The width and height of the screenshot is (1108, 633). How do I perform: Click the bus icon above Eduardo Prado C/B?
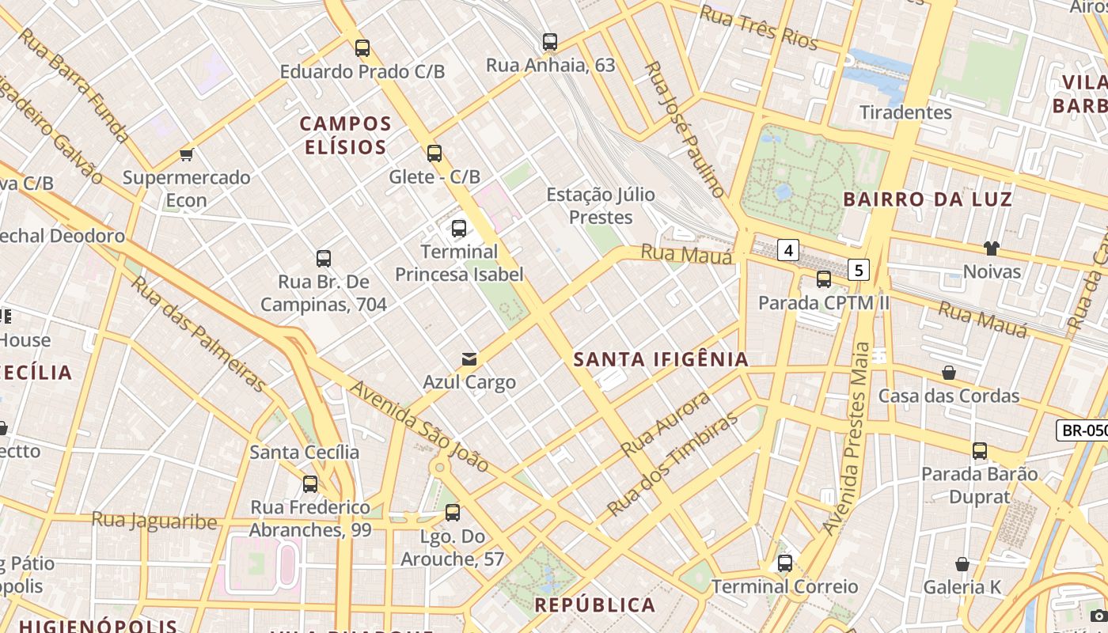point(362,47)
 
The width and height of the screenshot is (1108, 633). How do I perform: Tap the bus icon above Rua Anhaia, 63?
point(550,41)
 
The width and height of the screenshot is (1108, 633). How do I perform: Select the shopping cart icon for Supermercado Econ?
point(187,154)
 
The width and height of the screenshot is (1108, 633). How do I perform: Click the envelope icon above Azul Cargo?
point(469,359)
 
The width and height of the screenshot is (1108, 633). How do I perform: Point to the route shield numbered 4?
point(787,251)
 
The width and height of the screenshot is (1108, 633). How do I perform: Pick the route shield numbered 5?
point(858,270)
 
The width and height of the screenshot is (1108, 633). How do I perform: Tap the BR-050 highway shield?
point(1083,430)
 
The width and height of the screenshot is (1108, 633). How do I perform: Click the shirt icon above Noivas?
point(991,248)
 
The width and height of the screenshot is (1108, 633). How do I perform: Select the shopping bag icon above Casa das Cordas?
point(948,372)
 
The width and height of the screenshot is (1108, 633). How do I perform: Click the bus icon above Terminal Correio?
point(784,563)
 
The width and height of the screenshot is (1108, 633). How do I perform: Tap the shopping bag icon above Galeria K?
point(962,564)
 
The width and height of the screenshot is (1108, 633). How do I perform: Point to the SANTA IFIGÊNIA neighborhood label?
point(661,359)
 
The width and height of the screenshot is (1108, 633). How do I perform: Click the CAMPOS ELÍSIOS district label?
point(346,135)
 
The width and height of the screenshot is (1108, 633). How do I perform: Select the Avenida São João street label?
point(419,426)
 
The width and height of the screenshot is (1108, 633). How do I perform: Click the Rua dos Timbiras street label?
point(673,463)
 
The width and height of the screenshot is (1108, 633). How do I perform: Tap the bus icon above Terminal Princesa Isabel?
point(459,229)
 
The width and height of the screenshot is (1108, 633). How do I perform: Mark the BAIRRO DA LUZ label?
point(928,199)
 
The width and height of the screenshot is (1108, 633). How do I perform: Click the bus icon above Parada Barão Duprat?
point(980,451)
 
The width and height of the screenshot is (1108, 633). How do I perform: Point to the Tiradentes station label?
point(905,112)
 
